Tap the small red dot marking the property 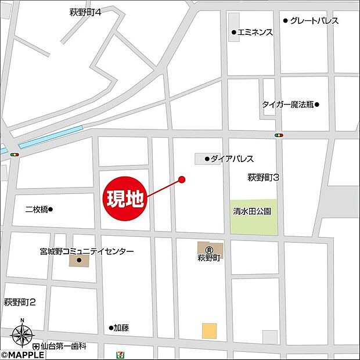(x=182, y=179)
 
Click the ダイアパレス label (x=232, y=159)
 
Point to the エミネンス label (x=255, y=33)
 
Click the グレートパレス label (x=314, y=21)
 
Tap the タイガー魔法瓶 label (x=287, y=105)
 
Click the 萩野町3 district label (x=264, y=177)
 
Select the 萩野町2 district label (x=20, y=303)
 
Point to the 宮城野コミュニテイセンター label (x=87, y=251)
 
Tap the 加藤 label (x=121, y=328)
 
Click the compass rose (x=22, y=335)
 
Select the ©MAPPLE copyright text (x=22, y=354)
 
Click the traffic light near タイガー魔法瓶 (x=279, y=135)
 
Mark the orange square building (x=209, y=330)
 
